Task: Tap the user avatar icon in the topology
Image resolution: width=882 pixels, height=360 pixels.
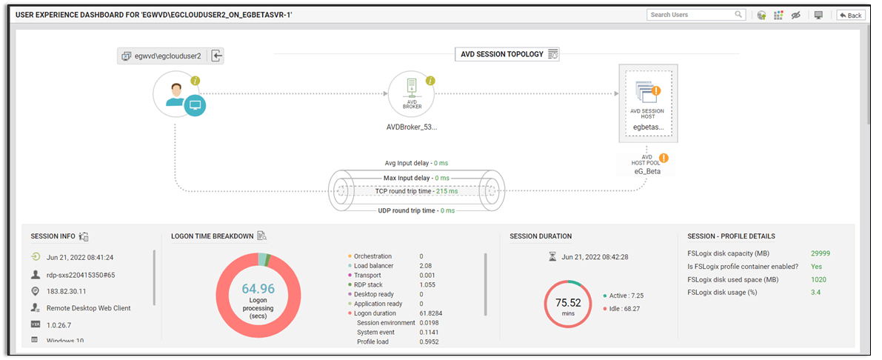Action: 176,95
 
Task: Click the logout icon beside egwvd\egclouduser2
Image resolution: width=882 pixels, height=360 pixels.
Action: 216,56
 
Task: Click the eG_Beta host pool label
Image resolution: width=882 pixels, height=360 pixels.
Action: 647,171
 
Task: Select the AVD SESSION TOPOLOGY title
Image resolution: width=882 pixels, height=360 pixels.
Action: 502,54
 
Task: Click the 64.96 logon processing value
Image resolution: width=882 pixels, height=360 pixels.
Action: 258,289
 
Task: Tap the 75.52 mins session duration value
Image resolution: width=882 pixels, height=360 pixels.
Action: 568,303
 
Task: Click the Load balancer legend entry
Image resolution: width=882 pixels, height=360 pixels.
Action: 374,266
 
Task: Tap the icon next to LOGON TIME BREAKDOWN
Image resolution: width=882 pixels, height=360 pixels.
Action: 261,236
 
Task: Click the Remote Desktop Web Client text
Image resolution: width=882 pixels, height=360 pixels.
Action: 88,308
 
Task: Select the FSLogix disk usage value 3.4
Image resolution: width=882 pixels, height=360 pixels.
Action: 815,293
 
